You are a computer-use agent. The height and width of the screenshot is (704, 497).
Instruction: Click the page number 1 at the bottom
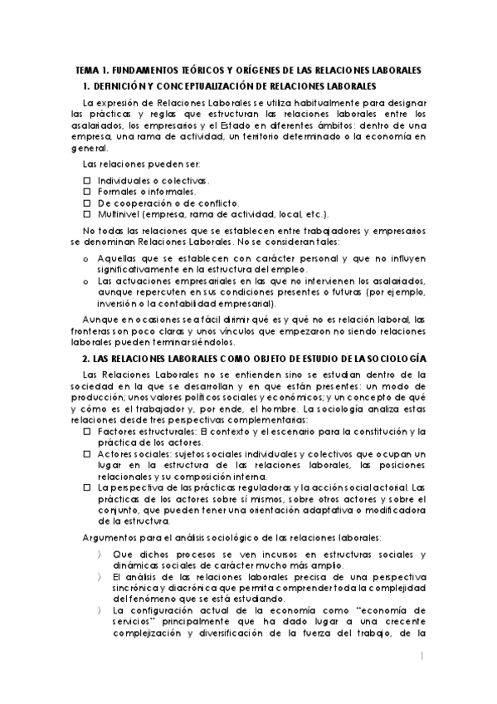(422, 657)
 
